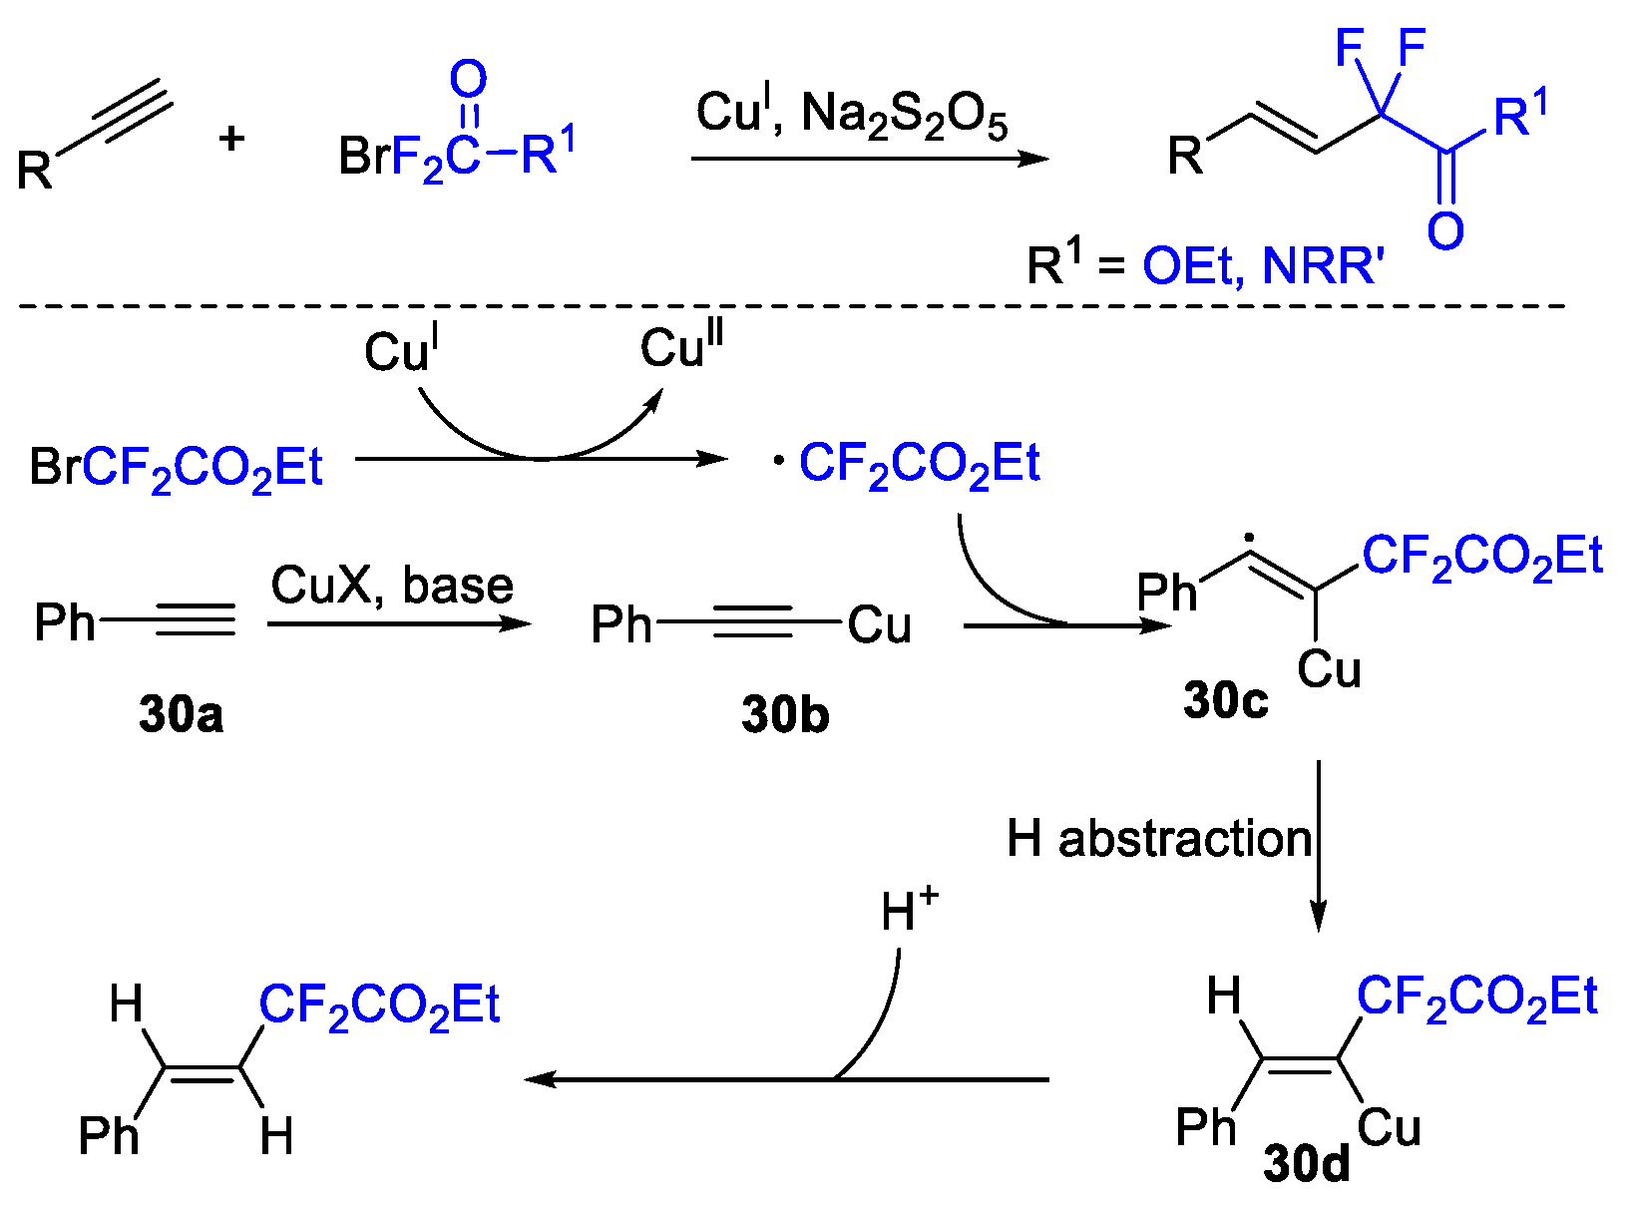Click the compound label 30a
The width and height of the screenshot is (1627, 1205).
(x=181, y=714)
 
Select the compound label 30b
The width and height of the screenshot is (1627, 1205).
(x=785, y=714)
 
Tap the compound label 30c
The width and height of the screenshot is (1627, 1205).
(x=1225, y=700)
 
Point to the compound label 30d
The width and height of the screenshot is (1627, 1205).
(x=1306, y=1163)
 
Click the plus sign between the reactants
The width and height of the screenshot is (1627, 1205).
(x=231, y=138)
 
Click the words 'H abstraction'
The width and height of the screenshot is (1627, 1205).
(x=1158, y=839)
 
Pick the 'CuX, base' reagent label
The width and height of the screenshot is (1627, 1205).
(x=392, y=585)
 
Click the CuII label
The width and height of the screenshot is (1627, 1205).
(x=681, y=346)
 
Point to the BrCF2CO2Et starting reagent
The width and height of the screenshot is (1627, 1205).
(x=177, y=468)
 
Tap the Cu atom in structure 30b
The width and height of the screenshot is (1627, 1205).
(x=879, y=625)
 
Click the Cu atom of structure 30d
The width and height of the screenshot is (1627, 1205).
(x=1388, y=1128)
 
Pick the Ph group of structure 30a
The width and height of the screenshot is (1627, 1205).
(x=64, y=623)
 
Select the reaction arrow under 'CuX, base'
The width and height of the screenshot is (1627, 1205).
(x=399, y=623)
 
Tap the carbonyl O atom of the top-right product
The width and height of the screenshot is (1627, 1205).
(x=1444, y=230)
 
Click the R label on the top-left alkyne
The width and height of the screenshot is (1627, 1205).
(x=35, y=171)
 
